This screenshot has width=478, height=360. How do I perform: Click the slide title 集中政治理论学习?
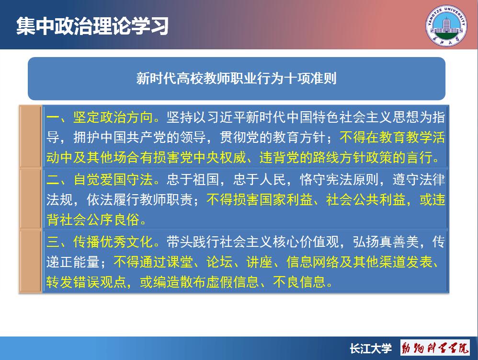92,25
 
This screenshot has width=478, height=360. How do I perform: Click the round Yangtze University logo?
446,25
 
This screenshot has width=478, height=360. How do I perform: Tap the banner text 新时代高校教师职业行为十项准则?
236,79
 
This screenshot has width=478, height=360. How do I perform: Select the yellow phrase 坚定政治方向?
113,117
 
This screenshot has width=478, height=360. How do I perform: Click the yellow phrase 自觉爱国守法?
113,179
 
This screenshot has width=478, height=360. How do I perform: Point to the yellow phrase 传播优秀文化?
113,242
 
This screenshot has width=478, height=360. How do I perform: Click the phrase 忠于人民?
260,179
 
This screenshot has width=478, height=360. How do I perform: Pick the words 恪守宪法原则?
339,179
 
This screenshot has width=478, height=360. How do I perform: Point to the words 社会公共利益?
366,200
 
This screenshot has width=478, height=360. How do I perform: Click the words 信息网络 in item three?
313,262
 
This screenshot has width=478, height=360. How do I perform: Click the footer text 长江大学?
371,348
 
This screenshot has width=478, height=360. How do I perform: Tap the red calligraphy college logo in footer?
435,348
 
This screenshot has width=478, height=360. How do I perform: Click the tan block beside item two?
31,199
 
